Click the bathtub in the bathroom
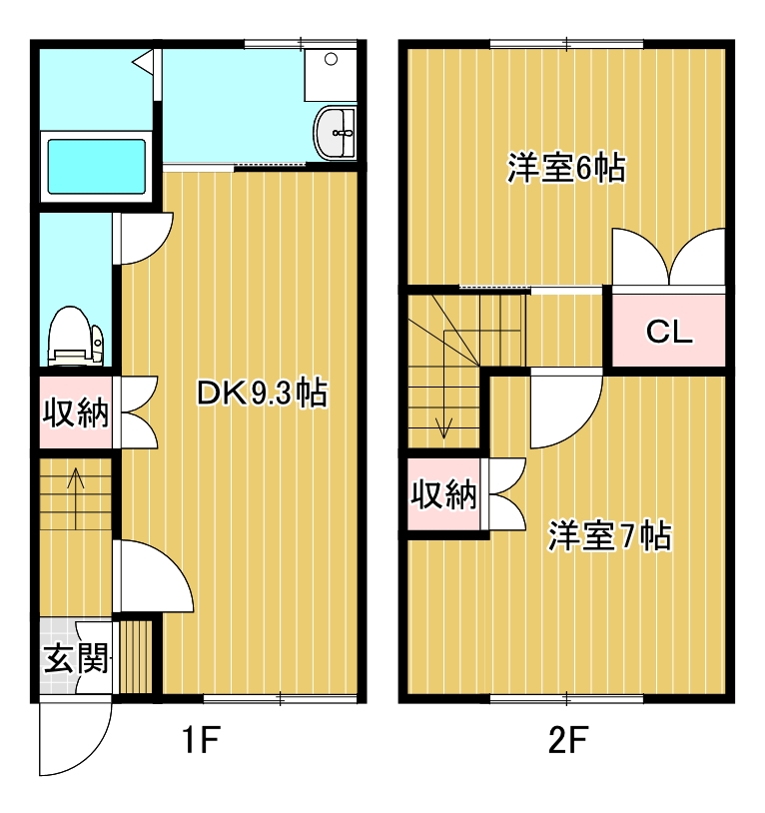[97, 166]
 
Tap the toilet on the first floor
[76, 334]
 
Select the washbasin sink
[337, 133]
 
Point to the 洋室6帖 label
[566, 169]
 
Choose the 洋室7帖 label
[608, 536]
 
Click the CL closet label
[668, 332]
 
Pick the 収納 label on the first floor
[76, 411]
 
